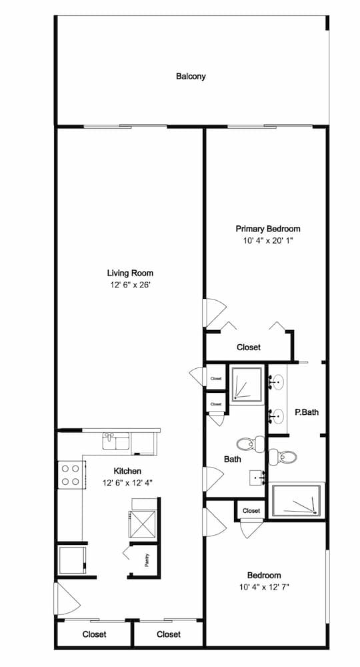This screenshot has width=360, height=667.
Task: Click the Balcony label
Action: [x=191, y=77]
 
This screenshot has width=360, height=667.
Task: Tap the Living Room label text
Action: [x=130, y=273]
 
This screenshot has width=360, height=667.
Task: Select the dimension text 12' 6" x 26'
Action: [x=130, y=285]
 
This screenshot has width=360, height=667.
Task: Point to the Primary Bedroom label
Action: [x=268, y=229]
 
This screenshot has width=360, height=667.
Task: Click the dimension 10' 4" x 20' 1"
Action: [x=268, y=241]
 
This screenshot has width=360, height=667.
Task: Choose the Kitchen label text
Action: [x=127, y=471]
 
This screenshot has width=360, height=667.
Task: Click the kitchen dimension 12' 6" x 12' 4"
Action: [x=127, y=483]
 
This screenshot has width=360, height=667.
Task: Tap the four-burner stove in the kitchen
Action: [x=71, y=475]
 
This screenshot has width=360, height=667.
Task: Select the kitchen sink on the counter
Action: [x=116, y=441]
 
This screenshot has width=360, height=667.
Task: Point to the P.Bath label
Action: [x=307, y=412]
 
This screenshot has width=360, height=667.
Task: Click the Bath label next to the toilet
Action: [x=233, y=459]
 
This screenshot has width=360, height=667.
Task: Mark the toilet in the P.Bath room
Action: [x=283, y=458]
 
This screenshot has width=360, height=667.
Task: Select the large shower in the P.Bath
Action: [x=297, y=500]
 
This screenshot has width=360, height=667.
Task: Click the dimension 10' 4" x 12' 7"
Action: [x=265, y=588]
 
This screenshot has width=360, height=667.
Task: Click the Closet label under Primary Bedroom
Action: [x=249, y=348]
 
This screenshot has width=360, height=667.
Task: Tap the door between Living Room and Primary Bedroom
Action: [x=214, y=313]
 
